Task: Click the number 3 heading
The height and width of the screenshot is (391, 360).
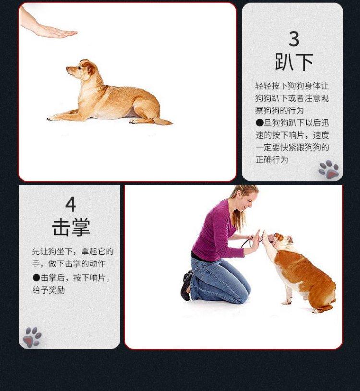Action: (294, 39)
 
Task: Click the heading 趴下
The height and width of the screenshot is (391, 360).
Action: (294, 62)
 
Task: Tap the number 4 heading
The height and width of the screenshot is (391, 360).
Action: (71, 204)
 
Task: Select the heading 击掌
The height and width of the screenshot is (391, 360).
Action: (71, 227)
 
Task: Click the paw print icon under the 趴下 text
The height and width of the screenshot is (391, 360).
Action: (329, 169)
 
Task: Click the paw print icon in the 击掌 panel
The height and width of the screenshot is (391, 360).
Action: (32, 337)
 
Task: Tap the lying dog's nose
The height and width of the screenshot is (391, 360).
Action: (67, 68)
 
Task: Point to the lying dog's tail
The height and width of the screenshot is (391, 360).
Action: (163, 121)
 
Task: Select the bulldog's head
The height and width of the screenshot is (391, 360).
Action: (282, 241)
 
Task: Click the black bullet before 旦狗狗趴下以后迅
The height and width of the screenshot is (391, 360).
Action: (260, 123)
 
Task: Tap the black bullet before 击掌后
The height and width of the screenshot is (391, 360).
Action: (36, 278)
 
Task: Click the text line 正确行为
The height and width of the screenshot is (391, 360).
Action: (272, 160)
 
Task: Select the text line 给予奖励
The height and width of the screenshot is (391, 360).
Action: (48, 290)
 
